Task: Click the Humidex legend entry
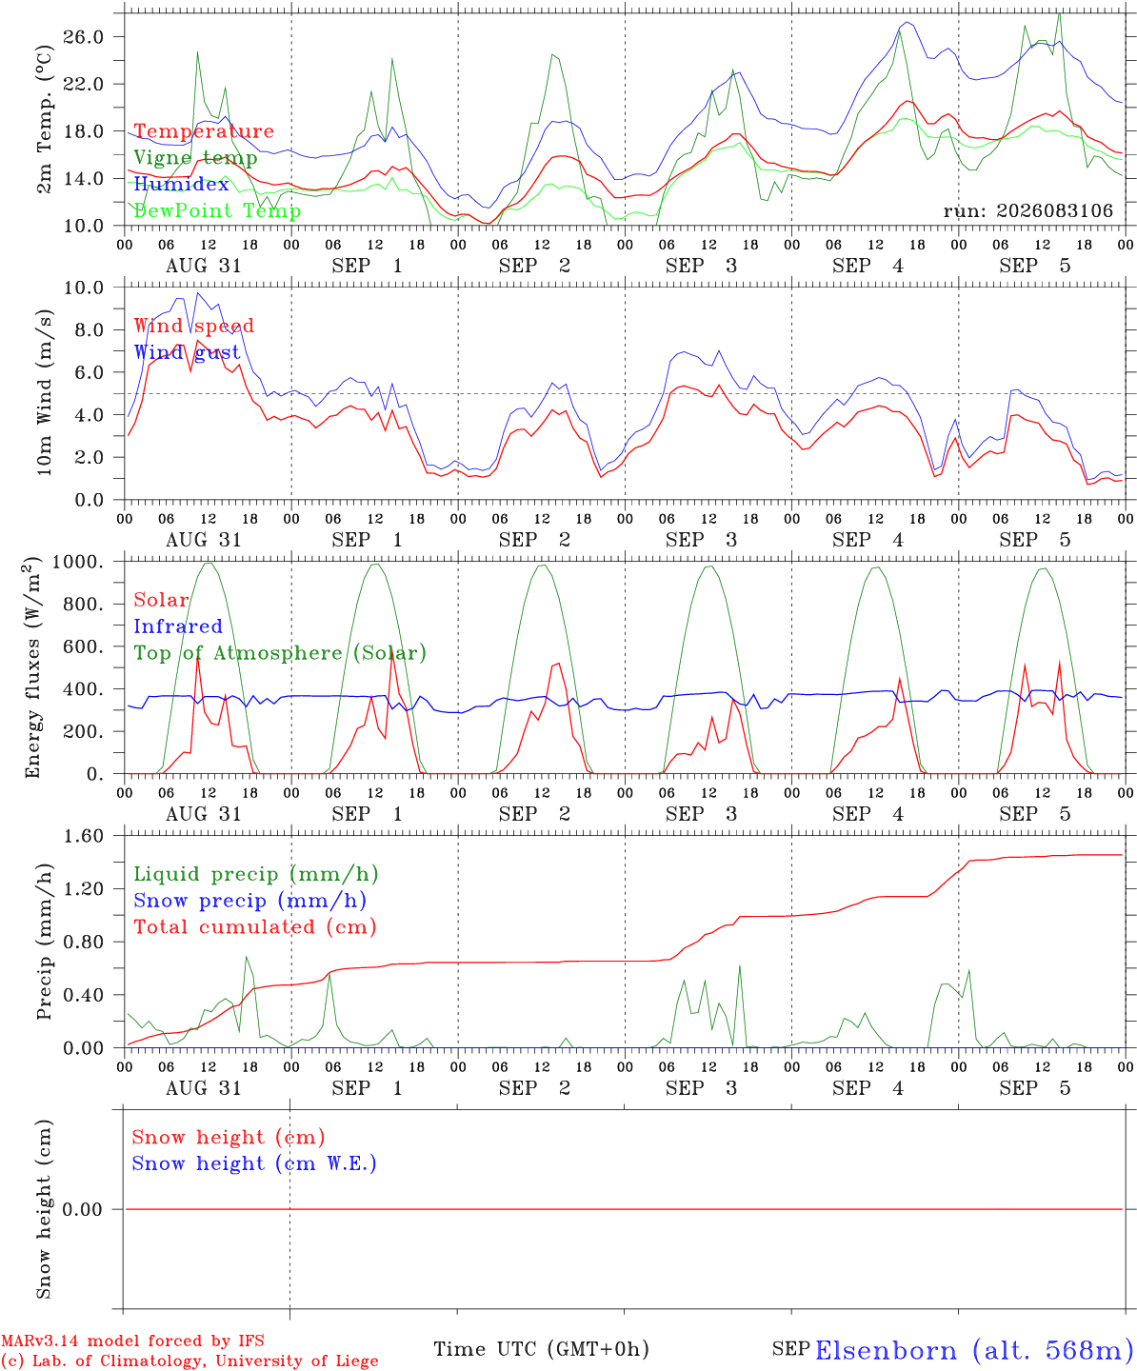181,184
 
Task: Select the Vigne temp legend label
195,158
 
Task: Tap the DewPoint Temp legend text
217,210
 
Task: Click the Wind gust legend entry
188,352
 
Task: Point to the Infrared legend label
178,626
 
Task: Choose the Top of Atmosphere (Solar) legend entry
281,653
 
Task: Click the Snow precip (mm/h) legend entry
250,901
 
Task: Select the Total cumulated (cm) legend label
255,926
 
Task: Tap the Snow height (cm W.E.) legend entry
254,1163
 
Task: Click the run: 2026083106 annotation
1027,210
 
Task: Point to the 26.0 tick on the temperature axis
84,37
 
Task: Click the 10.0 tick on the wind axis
84,288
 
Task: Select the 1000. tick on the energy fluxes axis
78,562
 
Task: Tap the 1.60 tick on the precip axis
84,836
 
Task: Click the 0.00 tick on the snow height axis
82,1209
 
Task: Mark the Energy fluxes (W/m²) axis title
32,667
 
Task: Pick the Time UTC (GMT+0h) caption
542,1349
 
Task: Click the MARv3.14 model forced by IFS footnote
132,1341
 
